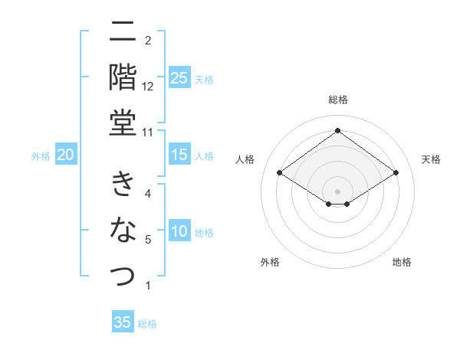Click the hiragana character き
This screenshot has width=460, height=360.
(x=123, y=184)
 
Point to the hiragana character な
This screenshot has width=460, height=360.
(x=123, y=229)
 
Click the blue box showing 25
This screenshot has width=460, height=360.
(x=179, y=78)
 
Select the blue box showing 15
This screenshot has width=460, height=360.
(x=179, y=155)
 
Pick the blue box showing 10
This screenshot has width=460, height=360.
(x=179, y=231)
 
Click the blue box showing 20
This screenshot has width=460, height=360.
(x=66, y=155)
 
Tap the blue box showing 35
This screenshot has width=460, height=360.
(x=123, y=322)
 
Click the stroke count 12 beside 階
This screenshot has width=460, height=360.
(x=148, y=86)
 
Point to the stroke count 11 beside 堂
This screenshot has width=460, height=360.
(x=148, y=131)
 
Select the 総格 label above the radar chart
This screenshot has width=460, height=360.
(x=337, y=100)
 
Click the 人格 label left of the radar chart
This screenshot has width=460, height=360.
(x=245, y=159)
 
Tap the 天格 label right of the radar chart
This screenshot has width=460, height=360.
(x=431, y=159)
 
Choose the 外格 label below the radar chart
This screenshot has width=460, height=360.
(x=270, y=262)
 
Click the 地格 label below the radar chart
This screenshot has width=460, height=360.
(x=402, y=262)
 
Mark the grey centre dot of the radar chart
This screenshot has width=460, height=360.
(x=337, y=190)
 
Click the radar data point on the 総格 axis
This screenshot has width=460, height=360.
(x=337, y=131)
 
